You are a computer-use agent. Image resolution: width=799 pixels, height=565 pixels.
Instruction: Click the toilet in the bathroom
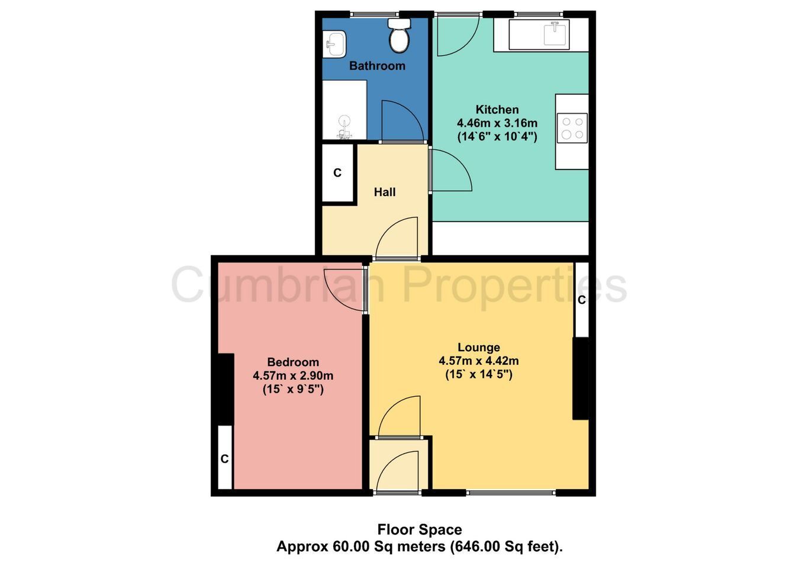tap(399, 36)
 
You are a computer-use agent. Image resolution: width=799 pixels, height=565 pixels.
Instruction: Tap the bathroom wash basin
tap(334, 44)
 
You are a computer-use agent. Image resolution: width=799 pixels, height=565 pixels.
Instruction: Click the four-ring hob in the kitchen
tap(572, 128)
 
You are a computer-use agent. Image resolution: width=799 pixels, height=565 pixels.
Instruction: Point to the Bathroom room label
tap(377, 66)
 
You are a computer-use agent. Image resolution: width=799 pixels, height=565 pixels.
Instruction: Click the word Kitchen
tap(497, 109)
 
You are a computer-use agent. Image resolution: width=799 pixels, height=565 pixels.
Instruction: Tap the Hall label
tap(385, 192)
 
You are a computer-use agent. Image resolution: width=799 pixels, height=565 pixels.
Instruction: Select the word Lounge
tap(479, 347)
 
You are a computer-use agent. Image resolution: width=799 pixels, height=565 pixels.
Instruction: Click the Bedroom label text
tap(293, 362)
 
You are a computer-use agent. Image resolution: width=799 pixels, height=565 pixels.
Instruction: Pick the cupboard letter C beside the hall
tap(337, 173)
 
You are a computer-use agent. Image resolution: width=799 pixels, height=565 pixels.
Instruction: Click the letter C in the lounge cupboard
tap(581, 300)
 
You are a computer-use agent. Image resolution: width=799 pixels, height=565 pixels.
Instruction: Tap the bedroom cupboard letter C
tap(224, 458)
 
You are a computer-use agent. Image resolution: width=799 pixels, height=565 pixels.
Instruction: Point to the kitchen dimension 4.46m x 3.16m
tap(497, 123)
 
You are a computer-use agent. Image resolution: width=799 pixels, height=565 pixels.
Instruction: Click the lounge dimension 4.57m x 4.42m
tap(479, 361)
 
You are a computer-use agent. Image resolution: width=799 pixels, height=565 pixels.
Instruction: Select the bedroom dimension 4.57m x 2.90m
tap(293, 375)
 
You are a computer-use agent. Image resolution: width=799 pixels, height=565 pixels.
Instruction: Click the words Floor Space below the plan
tap(420, 529)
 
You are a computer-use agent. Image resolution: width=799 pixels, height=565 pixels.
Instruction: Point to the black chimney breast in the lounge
tap(581, 378)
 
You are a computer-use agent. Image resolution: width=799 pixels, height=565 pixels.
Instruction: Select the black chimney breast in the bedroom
tap(225, 389)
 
